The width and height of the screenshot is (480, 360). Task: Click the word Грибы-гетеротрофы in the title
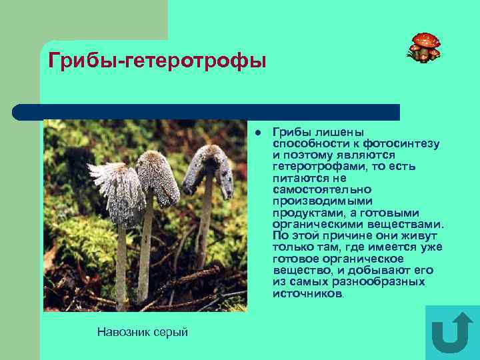(x=157, y=61)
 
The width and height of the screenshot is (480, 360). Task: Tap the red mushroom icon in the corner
(x=424, y=47)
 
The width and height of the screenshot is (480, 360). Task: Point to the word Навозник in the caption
(x=120, y=331)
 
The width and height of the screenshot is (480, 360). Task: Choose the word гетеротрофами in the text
(x=312, y=167)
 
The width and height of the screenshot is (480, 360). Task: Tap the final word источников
(x=308, y=293)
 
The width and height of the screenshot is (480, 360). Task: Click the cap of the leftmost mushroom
(x=119, y=190)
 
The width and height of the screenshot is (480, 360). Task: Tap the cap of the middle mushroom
(x=157, y=177)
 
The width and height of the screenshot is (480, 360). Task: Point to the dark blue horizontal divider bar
(x=207, y=111)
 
